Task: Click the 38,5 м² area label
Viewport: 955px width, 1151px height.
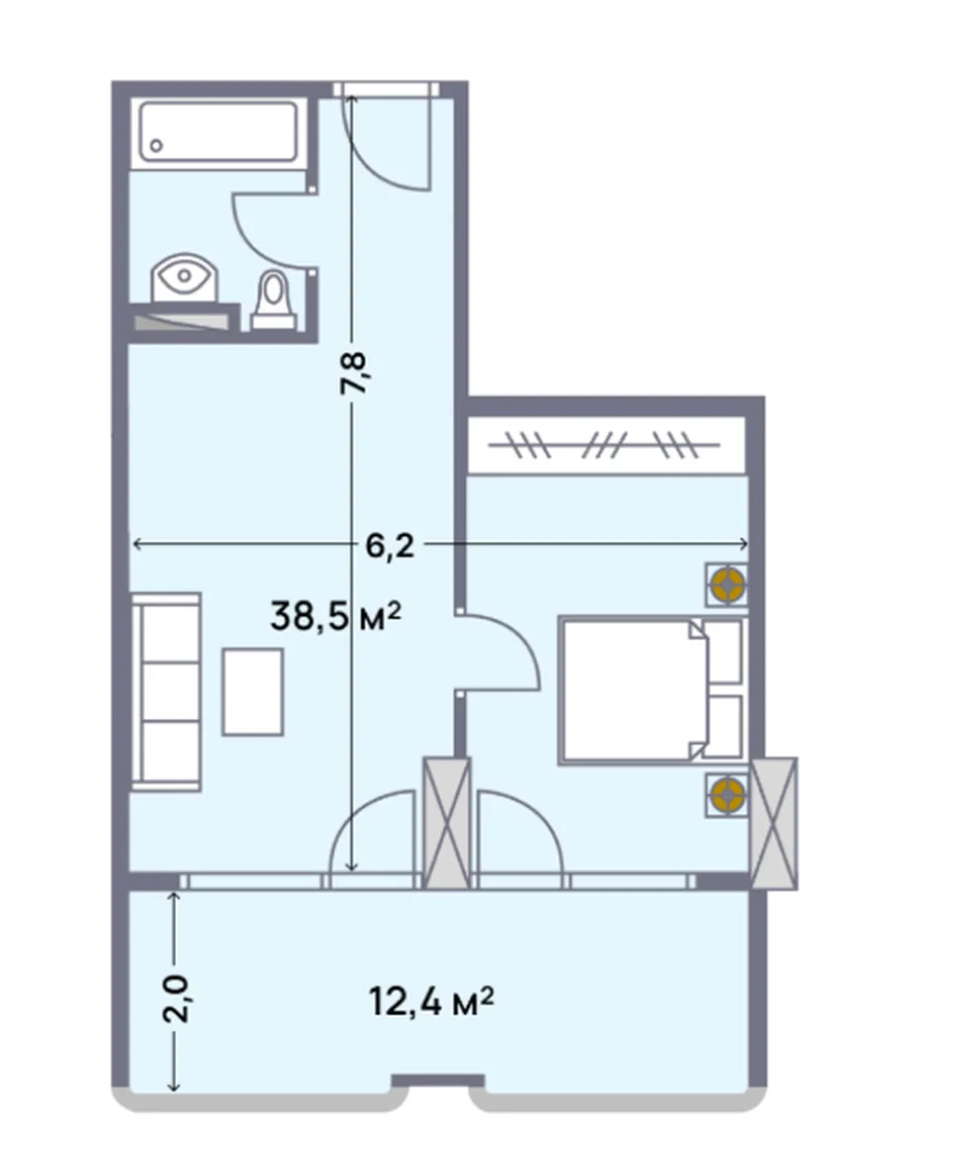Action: pyautogui.click(x=335, y=615)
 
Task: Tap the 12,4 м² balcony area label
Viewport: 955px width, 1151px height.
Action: pyautogui.click(x=432, y=1001)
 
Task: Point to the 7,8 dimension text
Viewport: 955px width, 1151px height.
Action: pyautogui.click(x=352, y=374)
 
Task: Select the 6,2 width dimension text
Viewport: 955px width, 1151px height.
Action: pyautogui.click(x=389, y=546)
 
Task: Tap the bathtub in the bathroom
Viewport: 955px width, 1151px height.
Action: pyautogui.click(x=219, y=132)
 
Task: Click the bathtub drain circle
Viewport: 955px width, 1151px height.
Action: pyautogui.click(x=157, y=146)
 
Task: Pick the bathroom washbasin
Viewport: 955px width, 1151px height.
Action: pyautogui.click(x=185, y=277)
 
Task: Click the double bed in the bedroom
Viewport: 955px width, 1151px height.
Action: pyautogui.click(x=651, y=691)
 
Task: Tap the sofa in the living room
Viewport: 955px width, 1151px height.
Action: pyautogui.click(x=166, y=691)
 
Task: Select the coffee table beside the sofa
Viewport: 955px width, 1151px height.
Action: pyautogui.click(x=253, y=691)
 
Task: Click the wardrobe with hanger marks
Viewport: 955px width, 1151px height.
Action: pyautogui.click(x=605, y=444)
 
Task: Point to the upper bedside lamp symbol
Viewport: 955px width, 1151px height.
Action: pyautogui.click(x=727, y=584)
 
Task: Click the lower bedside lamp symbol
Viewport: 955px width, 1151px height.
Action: pyautogui.click(x=727, y=795)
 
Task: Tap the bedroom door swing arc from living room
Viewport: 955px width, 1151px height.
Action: pyautogui.click(x=521, y=634)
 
